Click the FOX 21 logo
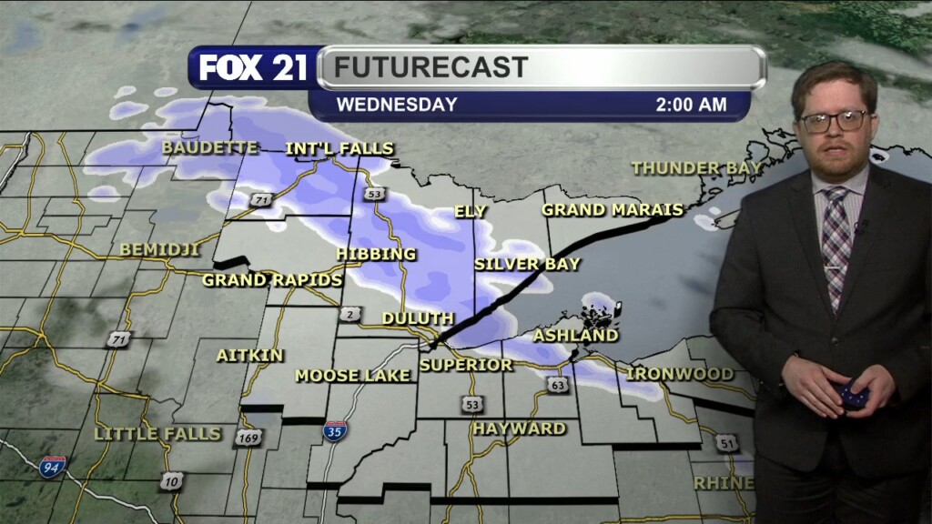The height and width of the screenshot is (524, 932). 253,67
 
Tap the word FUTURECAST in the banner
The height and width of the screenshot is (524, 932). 431,67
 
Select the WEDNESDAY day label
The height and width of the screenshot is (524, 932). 397,105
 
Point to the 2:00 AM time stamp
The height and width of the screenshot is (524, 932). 691,105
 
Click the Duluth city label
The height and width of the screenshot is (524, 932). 418,318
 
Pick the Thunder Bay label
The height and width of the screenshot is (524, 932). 696,167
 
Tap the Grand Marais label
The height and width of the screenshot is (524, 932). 613,210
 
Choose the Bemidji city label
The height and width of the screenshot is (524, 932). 159,249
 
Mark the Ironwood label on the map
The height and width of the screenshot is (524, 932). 680,374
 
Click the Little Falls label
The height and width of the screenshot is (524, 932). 157,434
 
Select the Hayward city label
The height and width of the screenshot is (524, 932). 519,428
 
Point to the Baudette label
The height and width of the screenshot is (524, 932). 210,147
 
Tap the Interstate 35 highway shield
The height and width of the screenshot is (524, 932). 333,431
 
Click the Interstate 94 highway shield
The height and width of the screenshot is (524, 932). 53,468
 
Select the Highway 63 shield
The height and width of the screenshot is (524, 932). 558,385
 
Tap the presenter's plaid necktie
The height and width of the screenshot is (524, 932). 836,241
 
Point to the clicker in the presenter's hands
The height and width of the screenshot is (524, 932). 853,394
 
